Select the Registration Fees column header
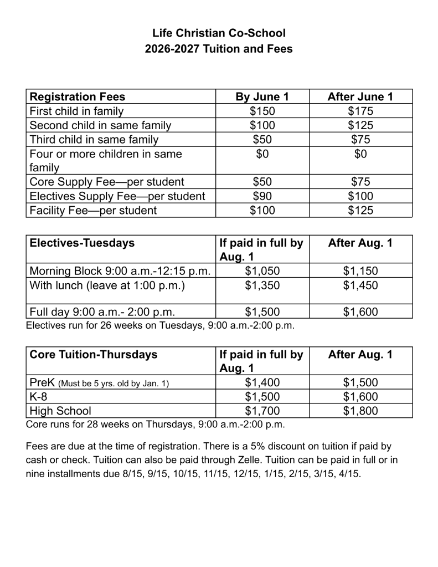pyautogui.click(x=77, y=96)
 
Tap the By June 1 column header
pyautogui.click(x=262, y=96)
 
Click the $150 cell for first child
pyautogui.click(x=262, y=111)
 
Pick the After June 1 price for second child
pyautogui.click(x=360, y=125)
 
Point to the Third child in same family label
pyautogui.click(x=94, y=140)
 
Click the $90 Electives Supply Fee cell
pyautogui.click(x=262, y=196)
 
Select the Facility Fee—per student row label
pyautogui.click(x=92, y=210)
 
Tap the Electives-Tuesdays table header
pyautogui.click(x=81, y=243)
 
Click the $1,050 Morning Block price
pyautogui.click(x=262, y=270)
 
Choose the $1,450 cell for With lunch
pyautogui.click(x=360, y=285)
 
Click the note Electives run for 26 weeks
pyautogui.click(x=160, y=325)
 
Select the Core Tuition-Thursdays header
pyautogui.click(x=93, y=354)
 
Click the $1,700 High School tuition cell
pyautogui.click(x=262, y=411)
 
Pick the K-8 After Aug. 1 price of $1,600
pyautogui.click(x=360, y=396)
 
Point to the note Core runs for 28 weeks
pyautogui.click(x=154, y=425)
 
